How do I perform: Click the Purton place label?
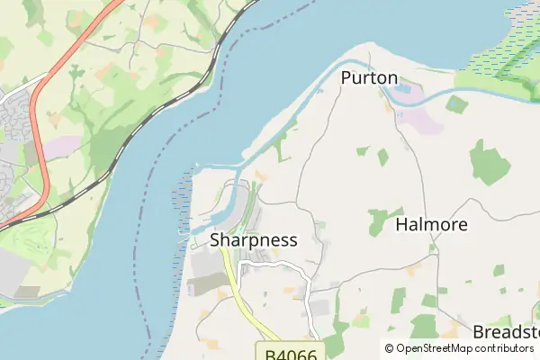tap(369, 78)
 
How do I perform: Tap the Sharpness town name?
tap(253, 240)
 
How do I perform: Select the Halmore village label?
tap(432, 225)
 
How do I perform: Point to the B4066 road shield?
tap(291, 353)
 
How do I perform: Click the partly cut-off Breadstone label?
tap(506, 330)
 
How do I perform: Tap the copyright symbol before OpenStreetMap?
tap(389, 349)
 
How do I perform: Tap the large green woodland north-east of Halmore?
tap(489, 165)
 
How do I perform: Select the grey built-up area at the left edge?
tap(13, 126)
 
